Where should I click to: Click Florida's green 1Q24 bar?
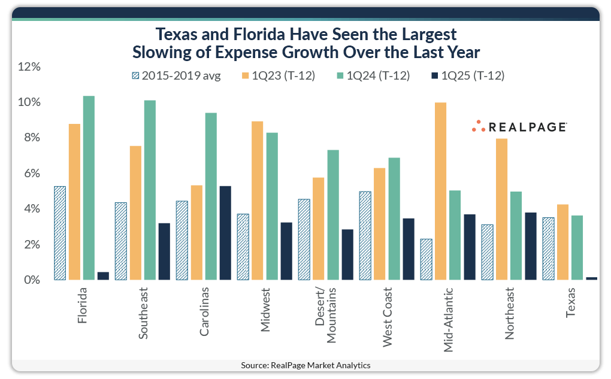pyautogui.click(x=89, y=188)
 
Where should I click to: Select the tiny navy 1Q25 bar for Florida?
pyautogui.click(x=103, y=276)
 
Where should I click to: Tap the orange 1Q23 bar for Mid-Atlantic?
pyautogui.click(x=440, y=191)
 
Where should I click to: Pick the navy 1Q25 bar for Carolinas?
pyautogui.click(x=225, y=233)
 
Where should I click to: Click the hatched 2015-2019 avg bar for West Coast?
pyautogui.click(x=365, y=236)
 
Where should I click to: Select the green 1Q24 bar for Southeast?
pyautogui.click(x=150, y=190)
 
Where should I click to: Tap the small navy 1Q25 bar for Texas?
pyautogui.click(x=591, y=278)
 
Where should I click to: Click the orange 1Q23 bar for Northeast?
pyautogui.click(x=501, y=209)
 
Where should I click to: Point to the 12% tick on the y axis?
pyautogui.click(x=28, y=66)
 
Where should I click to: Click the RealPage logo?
pyautogui.click(x=519, y=126)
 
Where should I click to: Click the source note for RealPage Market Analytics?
pyautogui.click(x=305, y=365)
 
